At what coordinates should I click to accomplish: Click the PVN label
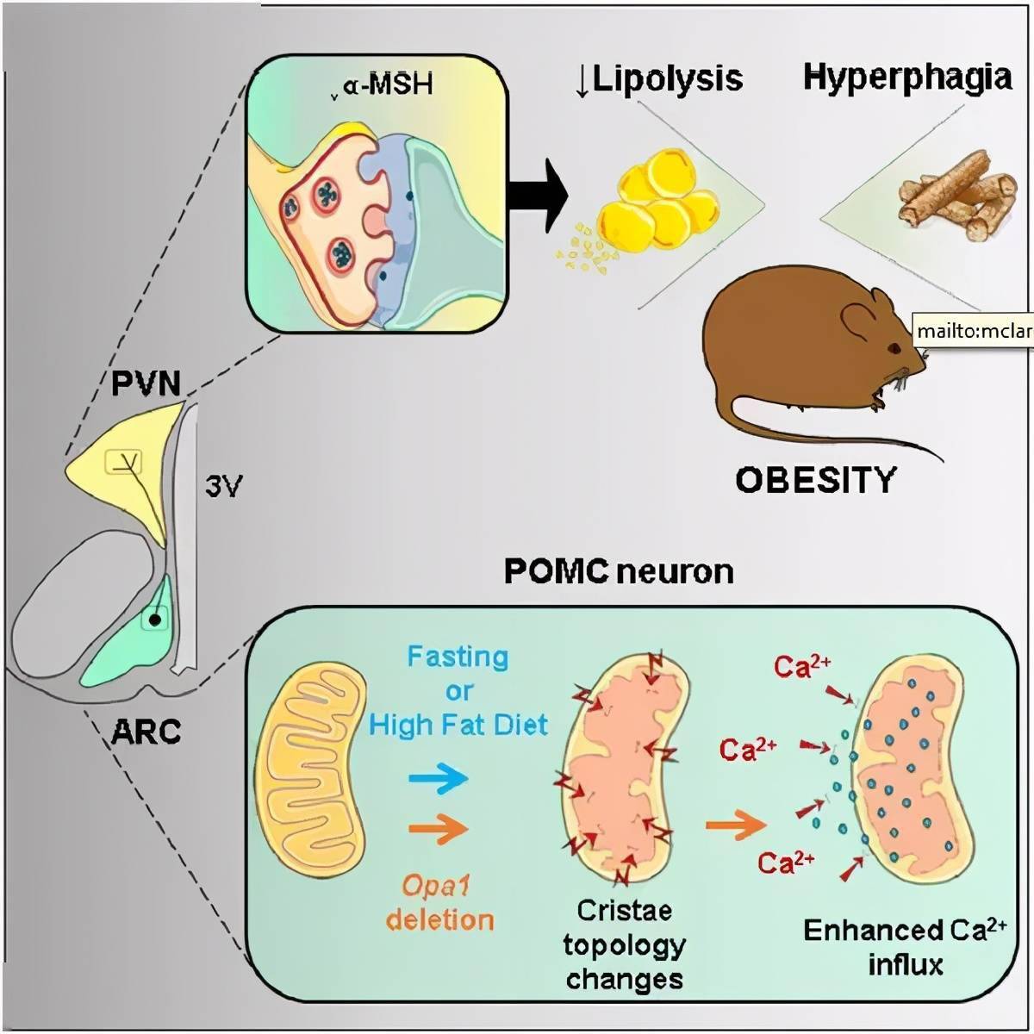pyautogui.click(x=146, y=383)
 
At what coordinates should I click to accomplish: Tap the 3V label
pyautogui.click(x=223, y=487)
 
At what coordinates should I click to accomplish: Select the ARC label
pyautogui.click(x=146, y=732)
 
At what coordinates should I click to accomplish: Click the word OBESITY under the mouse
pyautogui.click(x=815, y=479)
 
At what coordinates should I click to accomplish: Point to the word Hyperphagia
pyautogui.click(x=907, y=78)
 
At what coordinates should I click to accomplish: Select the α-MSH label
pyautogui.click(x=386, y=86)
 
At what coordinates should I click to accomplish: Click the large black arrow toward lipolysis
pyautogui.click(x=538, y=194)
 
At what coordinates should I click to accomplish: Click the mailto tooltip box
pyautogui.click(x=972, y=330)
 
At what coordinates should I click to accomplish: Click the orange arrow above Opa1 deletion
pyautogui.click(x=439, y=829)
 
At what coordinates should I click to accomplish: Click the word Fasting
pyautogui.click(x=458, y=657)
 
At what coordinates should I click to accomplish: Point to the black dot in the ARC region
pyautogui.click(x=153, y=620)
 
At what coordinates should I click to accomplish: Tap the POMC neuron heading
pyautogui.click(x=619, y=571)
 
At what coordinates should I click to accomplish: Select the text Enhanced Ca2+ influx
pyautogui.click(x=905, y=946)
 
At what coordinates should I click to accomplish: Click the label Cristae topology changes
pyautogui.click(x=624, y=945)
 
